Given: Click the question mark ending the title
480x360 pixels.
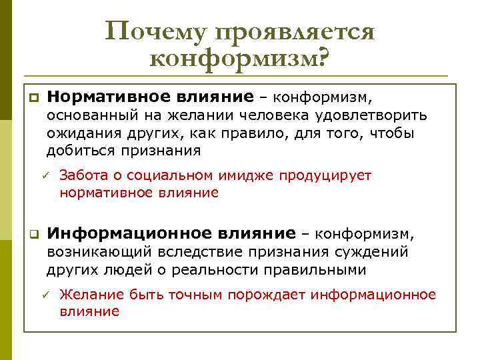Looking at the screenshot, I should [x=323, y=59].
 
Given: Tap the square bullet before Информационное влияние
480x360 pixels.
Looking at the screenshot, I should [x=31, y=235].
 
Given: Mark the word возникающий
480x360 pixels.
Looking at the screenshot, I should [x=97, y=252].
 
